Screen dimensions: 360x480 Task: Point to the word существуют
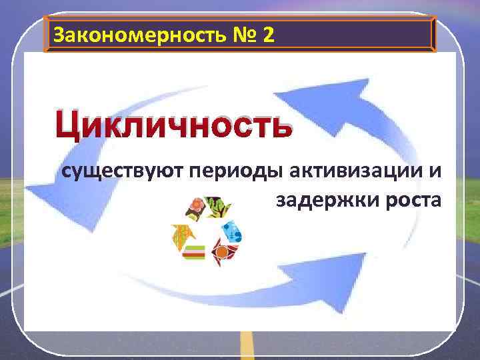pyautogui.click(x=121, y=172)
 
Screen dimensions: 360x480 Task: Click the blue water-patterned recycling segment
pyautogui.click(x=233, y=231)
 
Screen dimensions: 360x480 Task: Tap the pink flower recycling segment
pyautogui.click(x=195, y=209)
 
